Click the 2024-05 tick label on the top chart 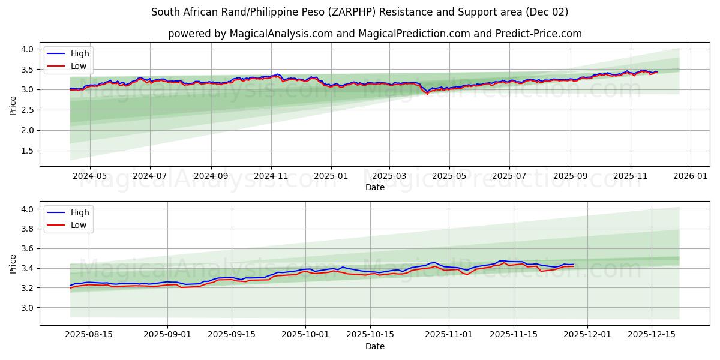(x=89, y=176)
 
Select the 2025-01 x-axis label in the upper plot (x=331, y=176)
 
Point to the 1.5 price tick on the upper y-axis (x=28, y=151)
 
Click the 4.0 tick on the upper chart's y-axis (x=28, y=49)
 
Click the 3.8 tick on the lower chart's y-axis (x=28, y=229)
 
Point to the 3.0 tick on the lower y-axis (x=28, y=308)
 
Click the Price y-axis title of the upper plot (x=13, y=104)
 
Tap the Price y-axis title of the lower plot (x=13, y=263)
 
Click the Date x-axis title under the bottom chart (x=375, y=346)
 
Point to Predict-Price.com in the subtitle (x=538, y=34)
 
